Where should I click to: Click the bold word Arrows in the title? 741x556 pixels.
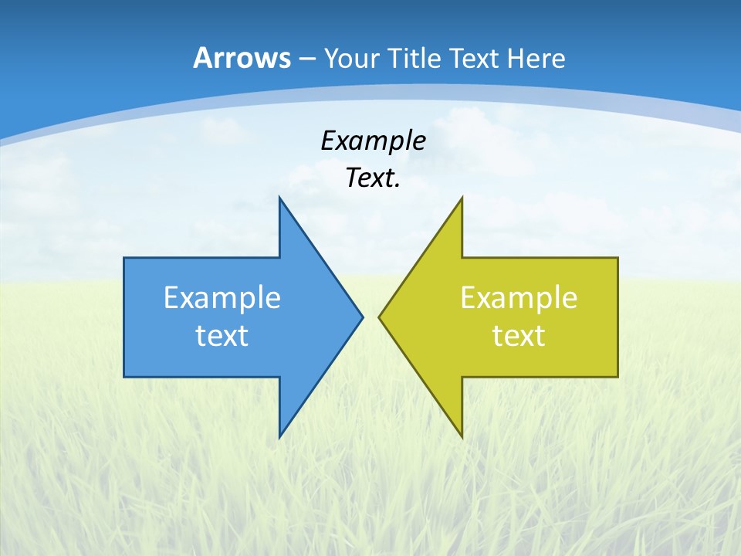pos(241,58)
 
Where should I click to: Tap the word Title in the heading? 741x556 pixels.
pos(414,59)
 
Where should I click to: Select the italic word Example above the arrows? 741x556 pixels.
pos(373,141)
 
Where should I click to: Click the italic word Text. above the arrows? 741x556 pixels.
pos(373,178)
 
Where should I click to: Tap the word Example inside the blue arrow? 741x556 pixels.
pos(222,298)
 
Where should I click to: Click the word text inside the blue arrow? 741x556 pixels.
pos(222,336)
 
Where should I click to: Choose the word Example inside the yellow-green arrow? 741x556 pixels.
pos(519,298)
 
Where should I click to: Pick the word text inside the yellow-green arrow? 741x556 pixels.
pos(519,336)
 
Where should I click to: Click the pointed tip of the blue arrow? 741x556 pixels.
pos(362,317)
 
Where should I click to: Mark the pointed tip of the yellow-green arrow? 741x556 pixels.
pos(379,317)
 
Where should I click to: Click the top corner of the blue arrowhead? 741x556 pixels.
pos(279,198)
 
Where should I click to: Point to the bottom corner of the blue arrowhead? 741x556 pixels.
pos(279,437)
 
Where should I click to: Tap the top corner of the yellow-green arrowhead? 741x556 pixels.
pos(462,198)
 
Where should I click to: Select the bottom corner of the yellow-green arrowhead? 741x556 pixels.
pos(462,437)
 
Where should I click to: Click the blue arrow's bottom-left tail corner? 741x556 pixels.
pos(124,377)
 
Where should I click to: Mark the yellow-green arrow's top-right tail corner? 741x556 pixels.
pos(617,258)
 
